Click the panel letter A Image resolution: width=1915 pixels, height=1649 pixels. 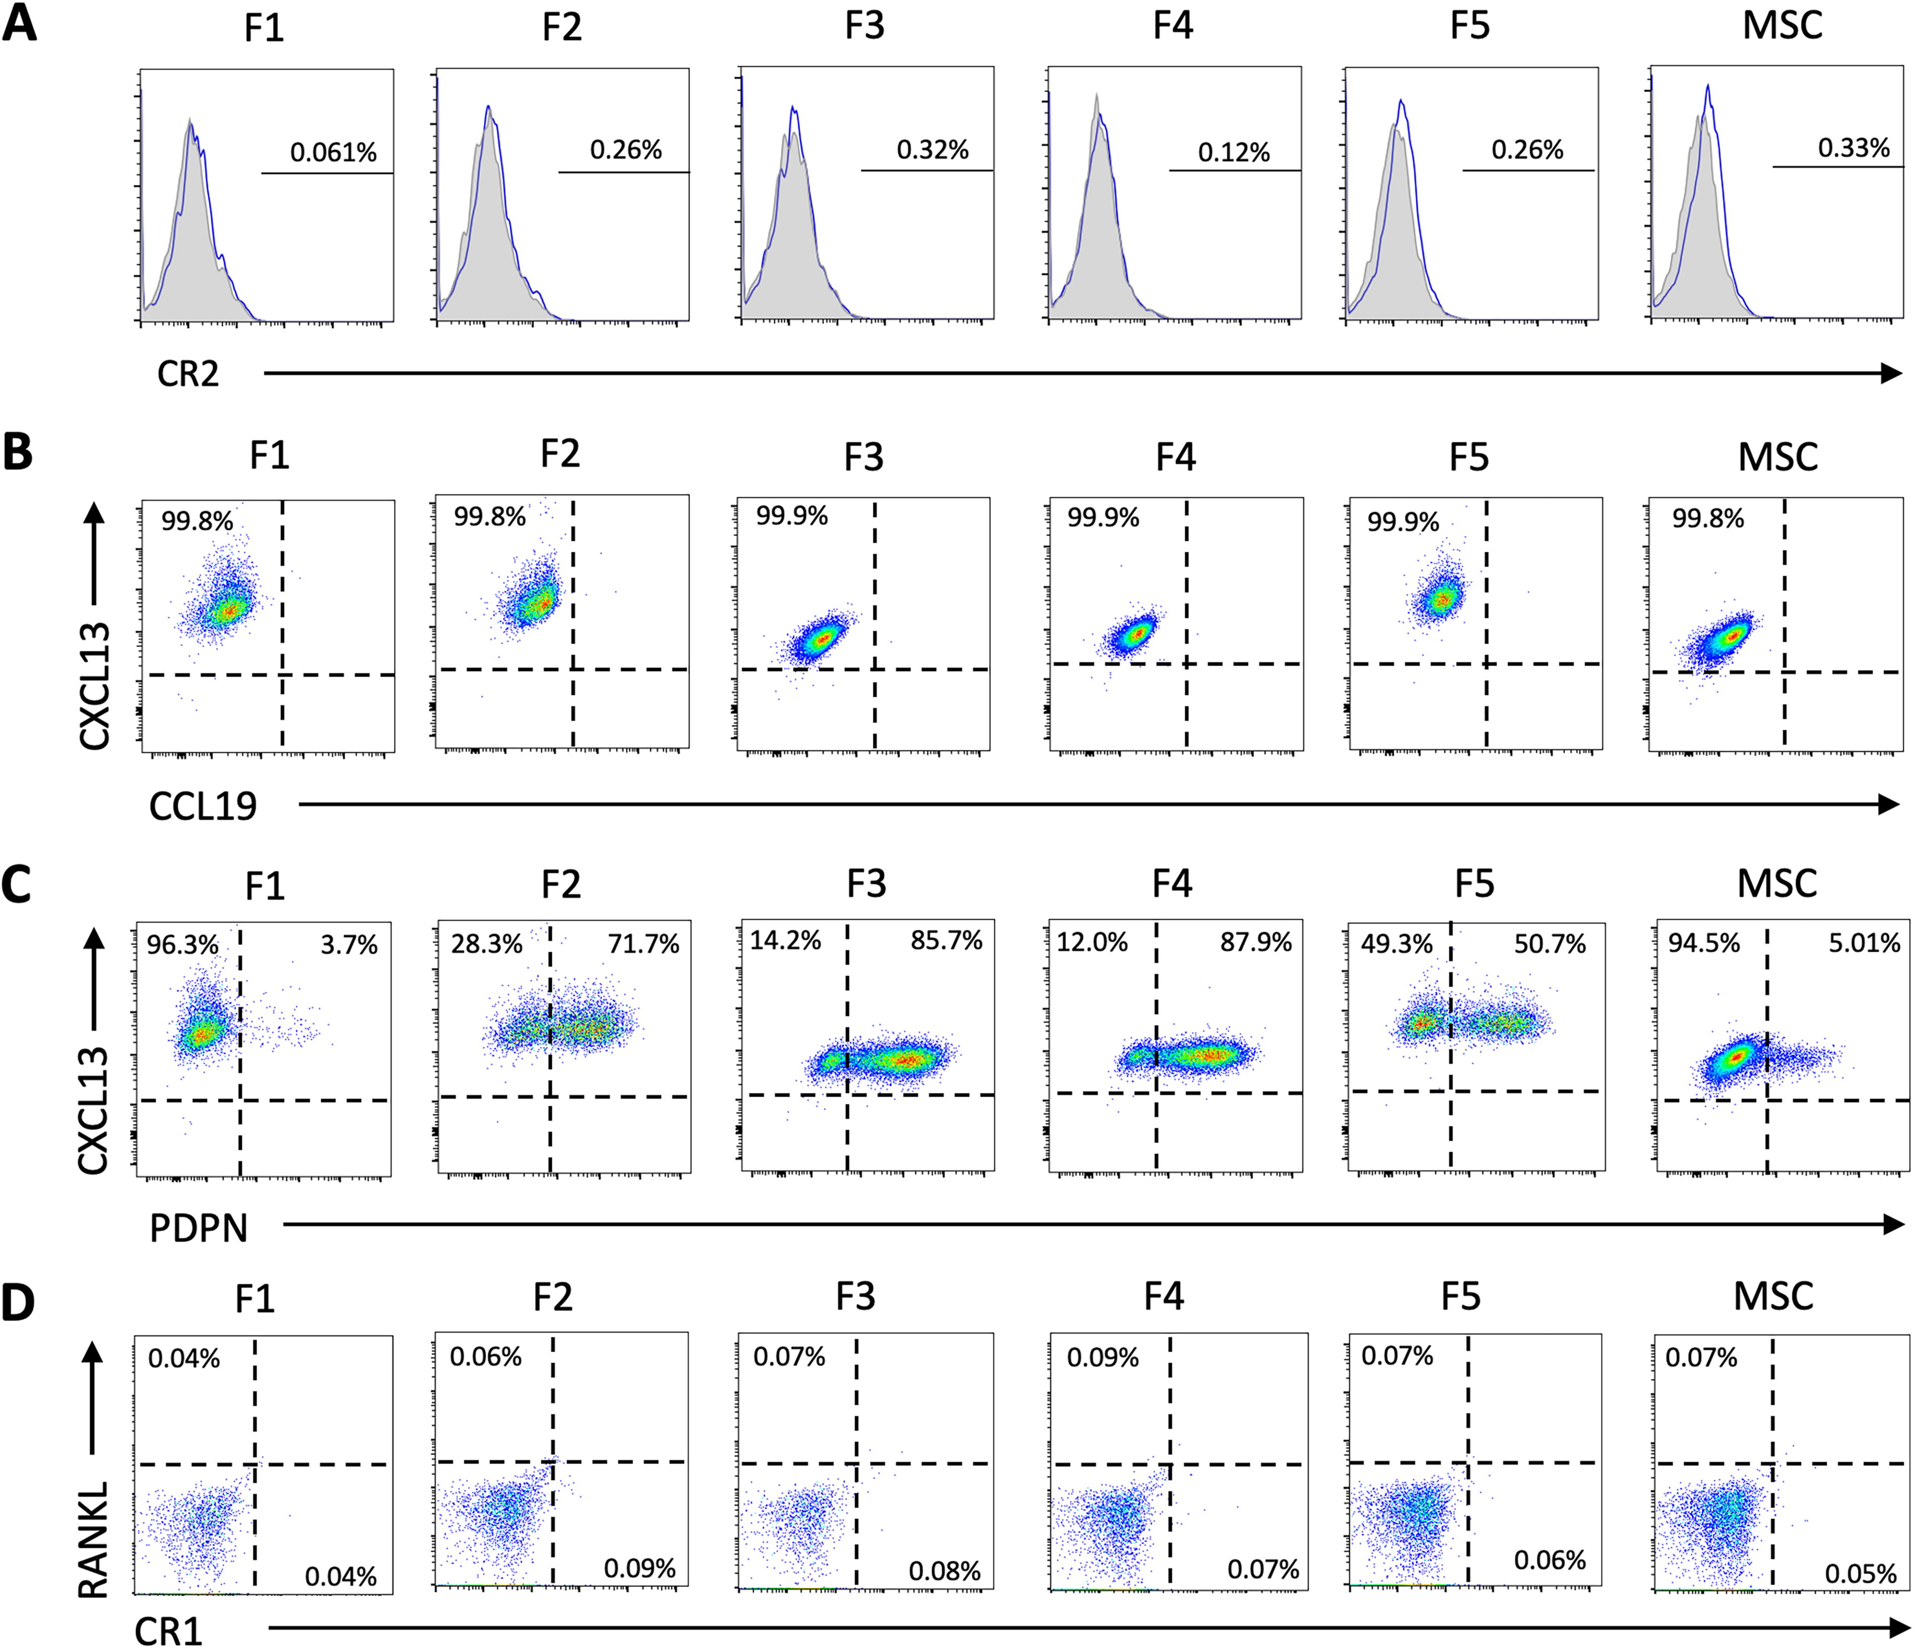pos(20,23)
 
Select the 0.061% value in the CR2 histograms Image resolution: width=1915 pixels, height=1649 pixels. pos(334,153)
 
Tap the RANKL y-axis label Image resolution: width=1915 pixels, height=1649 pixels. pos(93,1539)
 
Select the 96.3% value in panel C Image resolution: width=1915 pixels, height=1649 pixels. pos(183,944)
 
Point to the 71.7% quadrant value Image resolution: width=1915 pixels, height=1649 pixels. pos(643,944)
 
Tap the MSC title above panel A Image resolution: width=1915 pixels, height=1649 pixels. pos(1782,25)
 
